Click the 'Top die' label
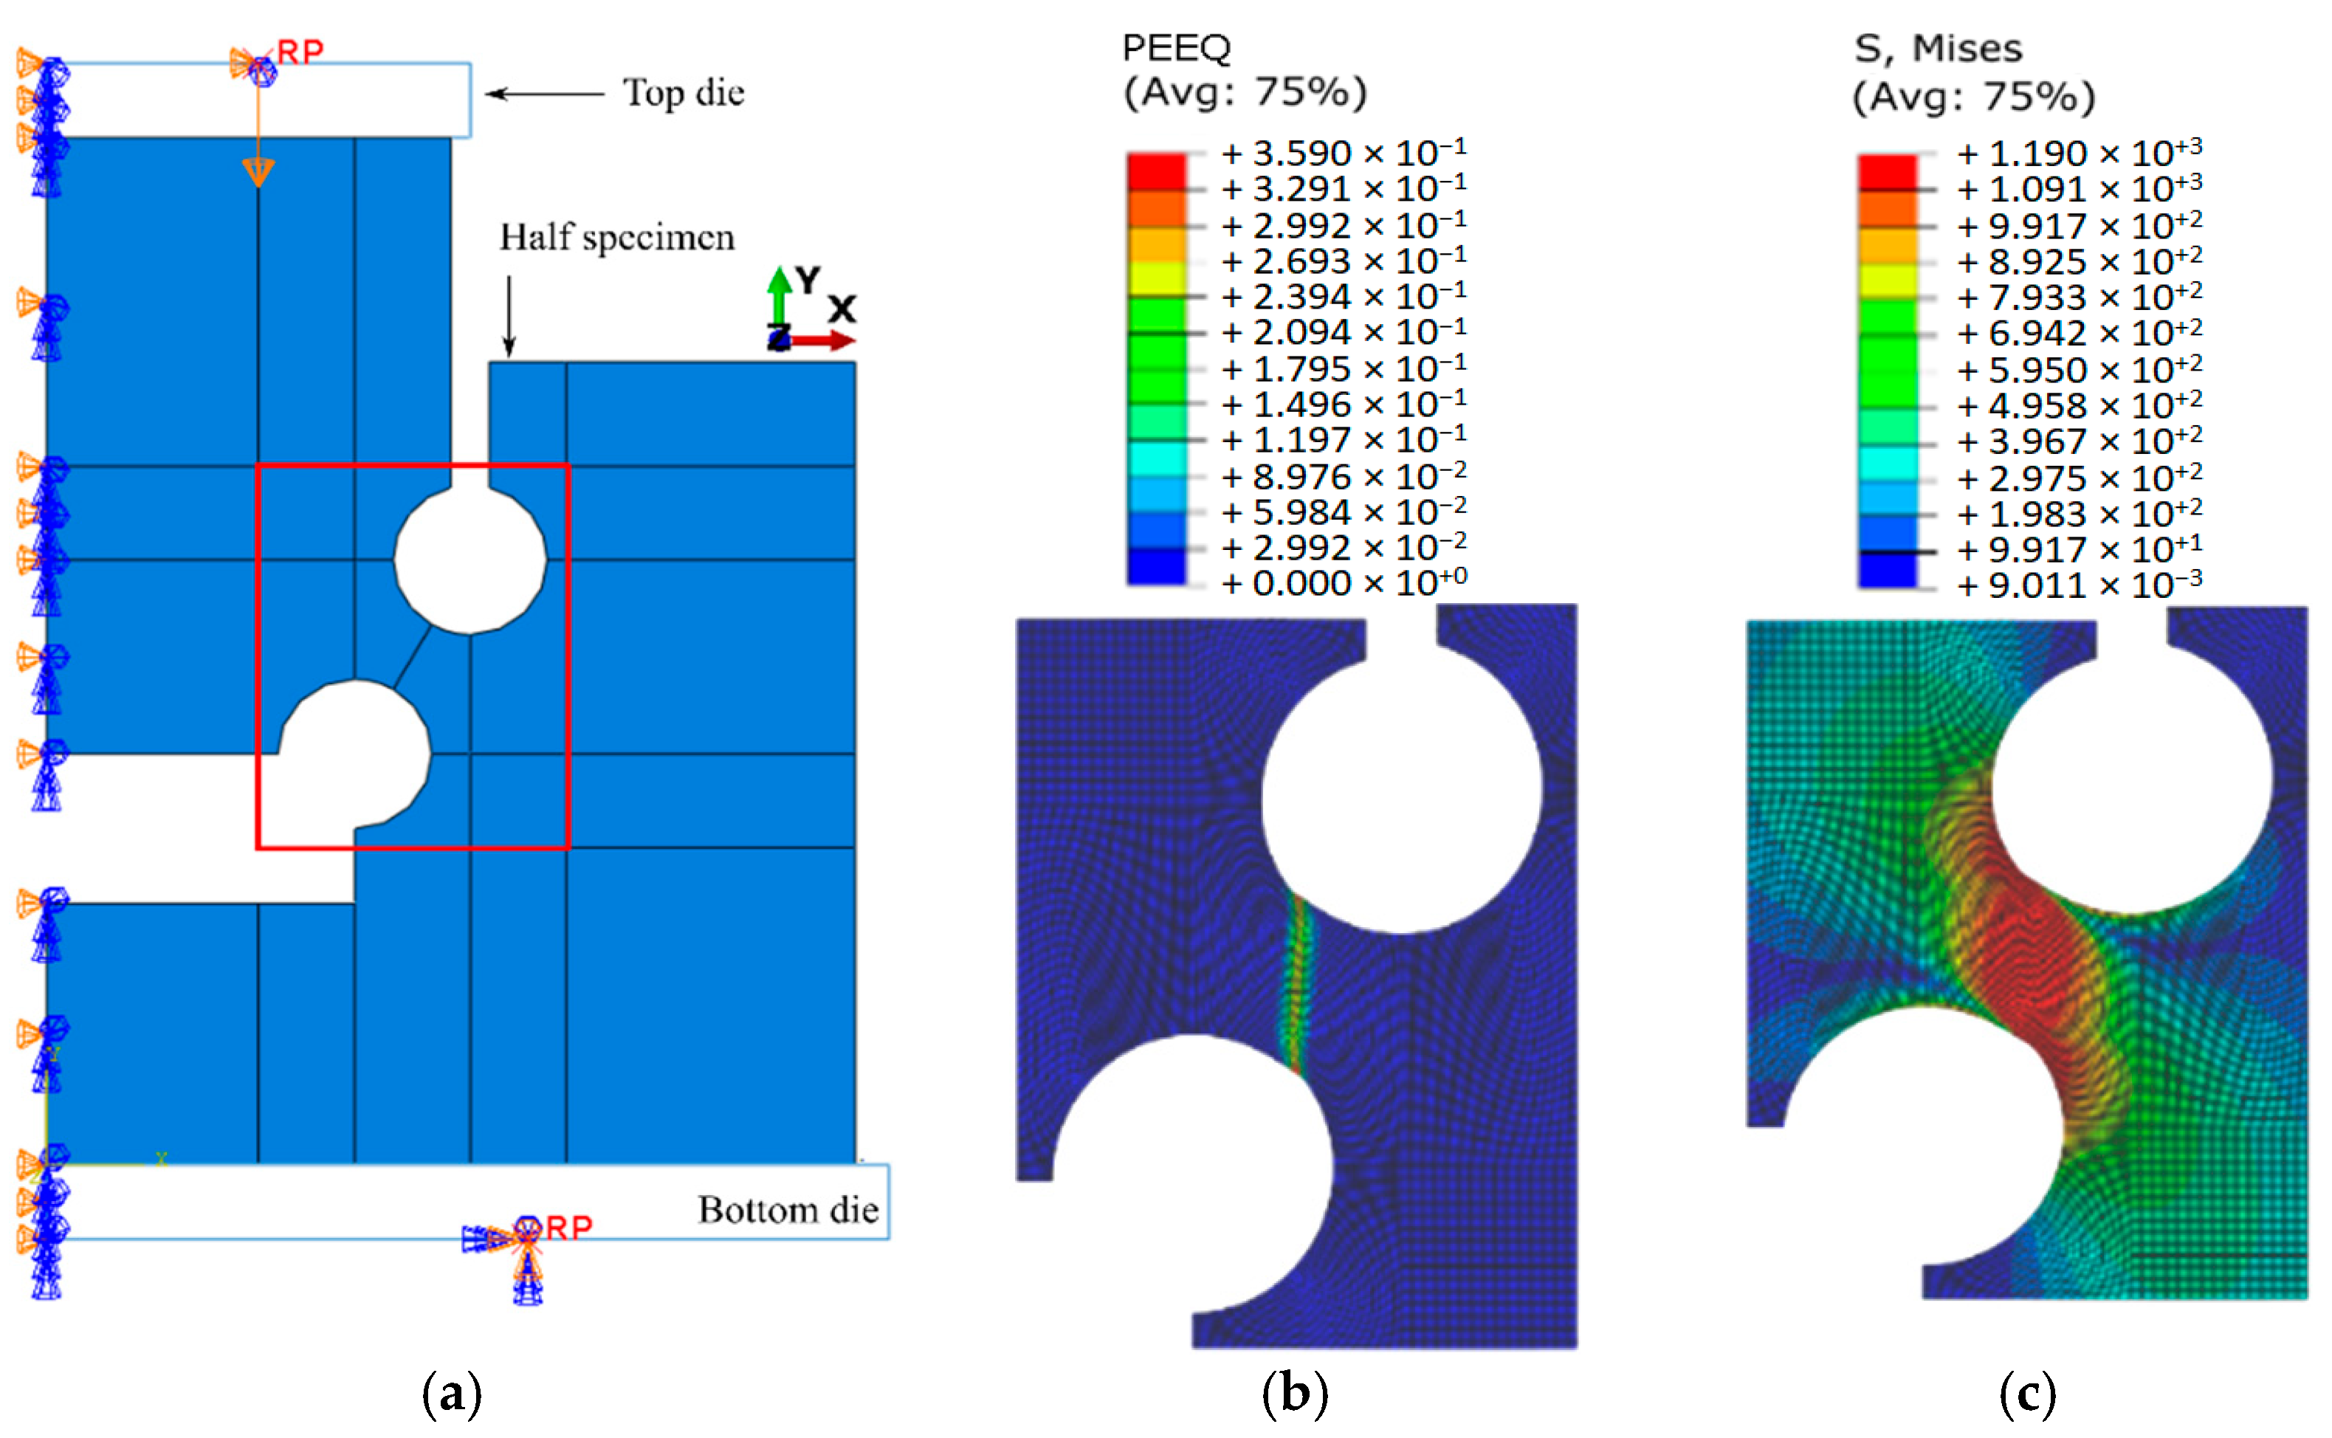pos(683,93)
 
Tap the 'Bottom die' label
pos(788,1210)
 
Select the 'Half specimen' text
pos(617,238)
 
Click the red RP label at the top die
pos(300,52)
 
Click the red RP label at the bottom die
pos(568,1228)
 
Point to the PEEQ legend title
pos(1177,47)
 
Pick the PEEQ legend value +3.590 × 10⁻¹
pos(1344,153)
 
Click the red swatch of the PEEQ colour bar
pos(1157,172)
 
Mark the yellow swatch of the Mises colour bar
pos(1887,281)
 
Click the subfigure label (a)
pos(452,1393)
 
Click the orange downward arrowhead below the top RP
pos(258,172)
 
